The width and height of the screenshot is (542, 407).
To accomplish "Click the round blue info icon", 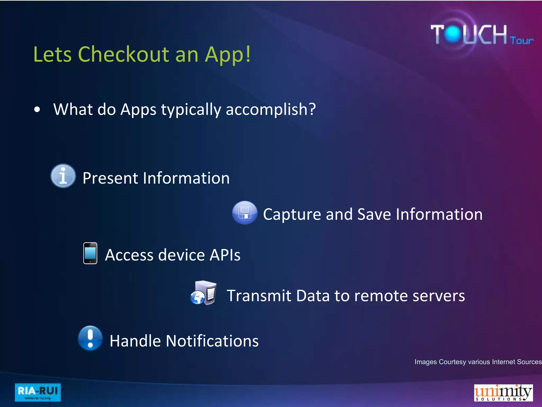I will click(63, 176).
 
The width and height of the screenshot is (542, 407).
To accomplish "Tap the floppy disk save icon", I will click(245, 213).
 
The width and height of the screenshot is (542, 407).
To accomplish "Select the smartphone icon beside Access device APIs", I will click(90, 253).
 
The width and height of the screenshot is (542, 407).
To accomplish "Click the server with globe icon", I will click(204, 293).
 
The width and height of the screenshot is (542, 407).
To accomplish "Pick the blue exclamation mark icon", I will click(90, 338).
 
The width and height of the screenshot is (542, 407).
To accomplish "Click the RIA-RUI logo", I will click(38, 392).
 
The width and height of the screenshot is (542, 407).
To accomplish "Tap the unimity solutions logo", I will click(503, 393).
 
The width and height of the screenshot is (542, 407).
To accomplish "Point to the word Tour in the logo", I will click(522, 41).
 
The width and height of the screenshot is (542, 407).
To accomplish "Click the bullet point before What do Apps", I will click(37, 109).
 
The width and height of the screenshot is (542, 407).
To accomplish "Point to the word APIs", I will click(225, 255).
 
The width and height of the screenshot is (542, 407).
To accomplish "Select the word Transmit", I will click(259, 296).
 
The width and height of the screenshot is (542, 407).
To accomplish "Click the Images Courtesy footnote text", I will click(478, 362).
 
